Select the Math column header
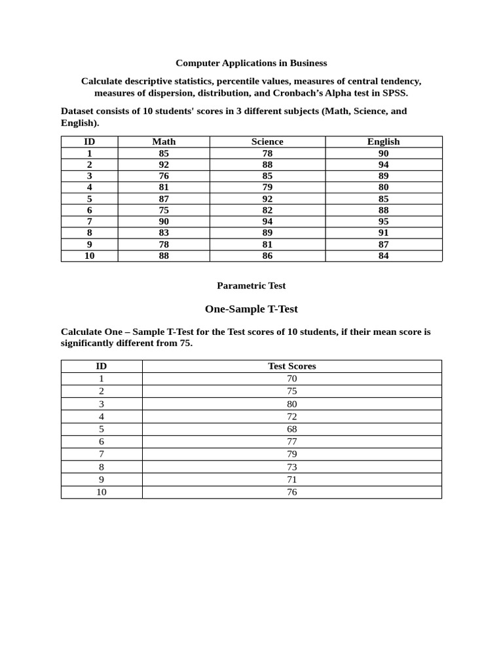[164, 142]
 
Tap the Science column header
[267, 142]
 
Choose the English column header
[383, 142]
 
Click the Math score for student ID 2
[164, 164]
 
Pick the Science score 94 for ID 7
[267, 221]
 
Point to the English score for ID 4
[383, 187]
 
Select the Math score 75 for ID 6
[164, 210]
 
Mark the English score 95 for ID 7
[383, 221]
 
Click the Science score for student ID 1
[267, 153]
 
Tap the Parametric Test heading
[251, 286]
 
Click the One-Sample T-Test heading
[251, 309]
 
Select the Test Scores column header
[291, 366]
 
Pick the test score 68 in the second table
[291, 429]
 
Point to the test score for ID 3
[291, 404]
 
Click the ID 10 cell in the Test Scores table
[102, 492]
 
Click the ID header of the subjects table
[90, 142]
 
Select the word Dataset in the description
[78, 111]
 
